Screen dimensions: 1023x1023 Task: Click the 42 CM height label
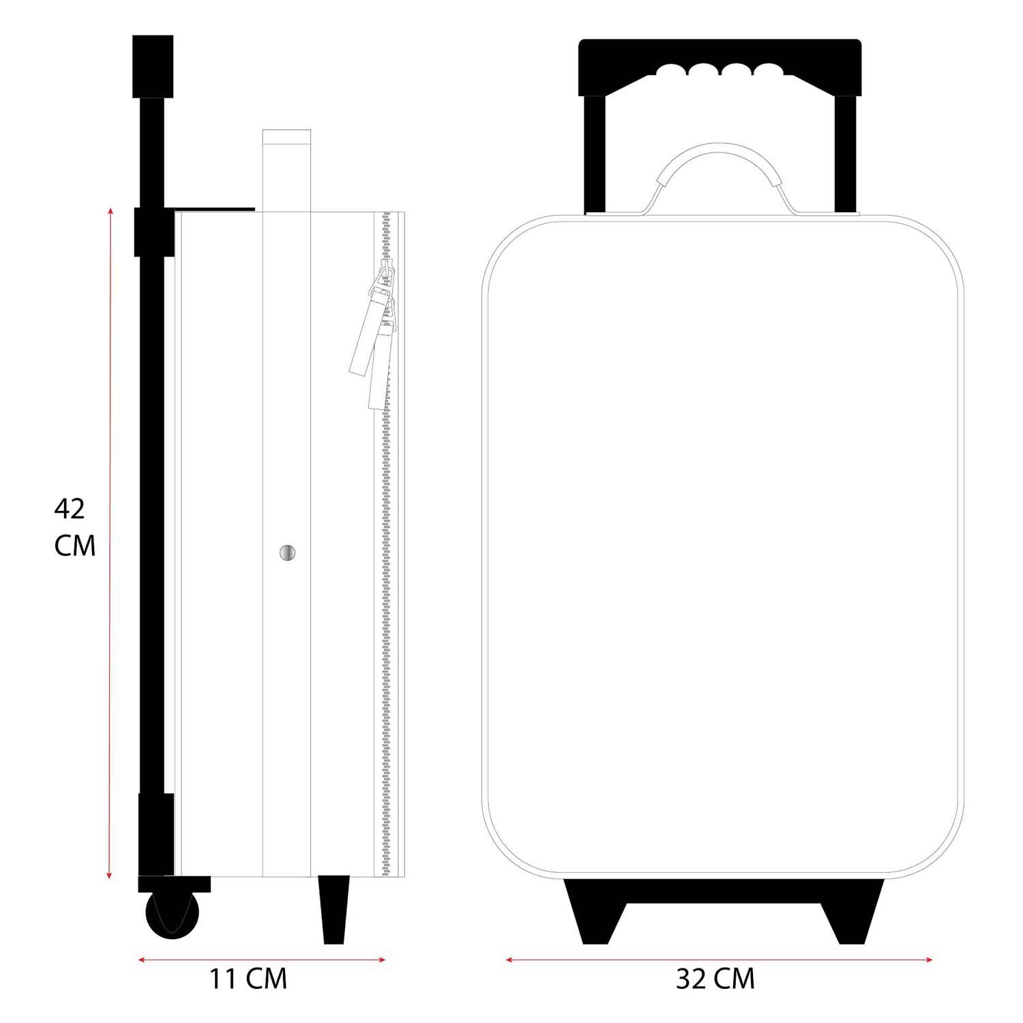(74, 527)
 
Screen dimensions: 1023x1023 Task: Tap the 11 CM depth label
(248, 979)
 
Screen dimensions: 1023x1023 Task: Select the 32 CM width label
(715, 979)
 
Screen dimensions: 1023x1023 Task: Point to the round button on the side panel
(288, 552)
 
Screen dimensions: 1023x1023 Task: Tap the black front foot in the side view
(334, 909)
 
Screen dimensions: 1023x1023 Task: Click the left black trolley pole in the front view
(595, 153)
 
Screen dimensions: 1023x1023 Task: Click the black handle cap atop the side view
(152, 67)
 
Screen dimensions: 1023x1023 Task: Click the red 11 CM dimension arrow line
(262, 960)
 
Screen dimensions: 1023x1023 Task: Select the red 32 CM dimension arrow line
(720, 960)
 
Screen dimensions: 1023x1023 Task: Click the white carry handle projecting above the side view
(286, 170)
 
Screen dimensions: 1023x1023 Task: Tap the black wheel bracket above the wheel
(175, 884)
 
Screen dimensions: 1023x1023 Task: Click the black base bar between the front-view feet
(724, 891)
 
